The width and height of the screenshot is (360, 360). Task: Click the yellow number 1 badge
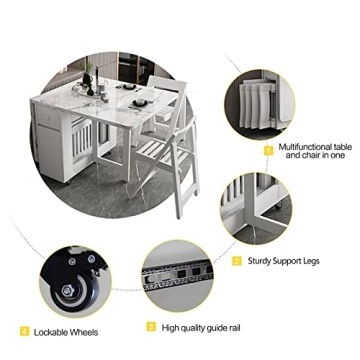pos(268,149)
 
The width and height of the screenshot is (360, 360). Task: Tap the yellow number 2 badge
pos(237,260)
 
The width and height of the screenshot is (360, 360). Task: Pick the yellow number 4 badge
pos(23,331)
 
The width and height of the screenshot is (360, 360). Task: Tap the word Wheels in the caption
pos(88,331)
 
